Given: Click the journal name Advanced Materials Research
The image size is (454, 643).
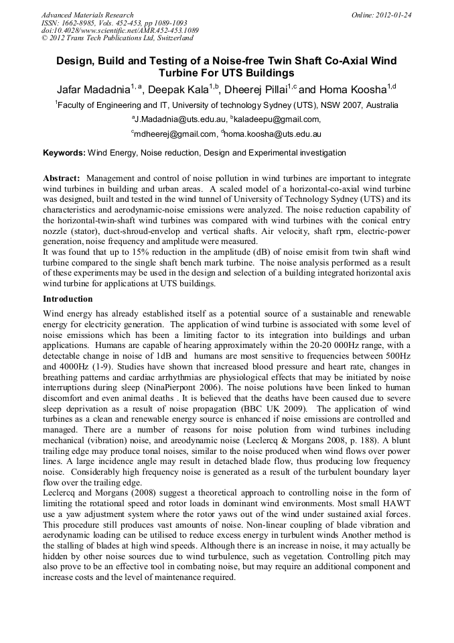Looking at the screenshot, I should click(x=87, y=15).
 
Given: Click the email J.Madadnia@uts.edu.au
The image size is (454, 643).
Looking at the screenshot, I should click(x=179, y=119).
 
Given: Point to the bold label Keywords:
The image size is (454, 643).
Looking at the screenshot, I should click(x=64, y=153).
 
